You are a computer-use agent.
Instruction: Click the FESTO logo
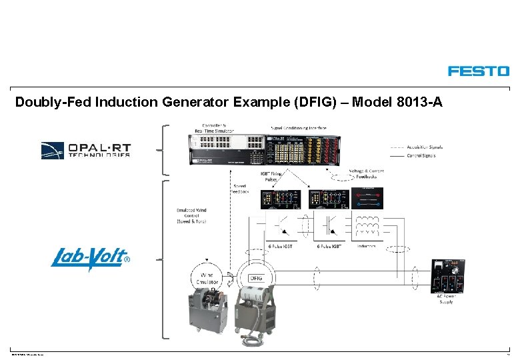click(x=478, y=71)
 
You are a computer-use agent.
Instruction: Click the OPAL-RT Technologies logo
click(x=85, y=150)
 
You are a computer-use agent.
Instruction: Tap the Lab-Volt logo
click(x=90, y=258)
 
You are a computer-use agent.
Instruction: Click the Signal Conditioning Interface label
click(x=298, y=127)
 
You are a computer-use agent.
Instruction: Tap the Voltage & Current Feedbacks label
click(x=366, y=174)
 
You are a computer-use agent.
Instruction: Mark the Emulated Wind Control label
click(x=191, y=216)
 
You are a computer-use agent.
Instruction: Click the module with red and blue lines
click(x=367, y=198)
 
